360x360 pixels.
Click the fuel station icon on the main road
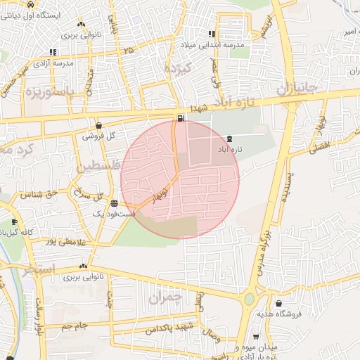pos(182,117)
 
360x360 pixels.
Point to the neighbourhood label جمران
pos(165,297)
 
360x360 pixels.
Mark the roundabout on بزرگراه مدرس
pos(249,300)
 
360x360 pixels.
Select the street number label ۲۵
pos(127,51)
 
